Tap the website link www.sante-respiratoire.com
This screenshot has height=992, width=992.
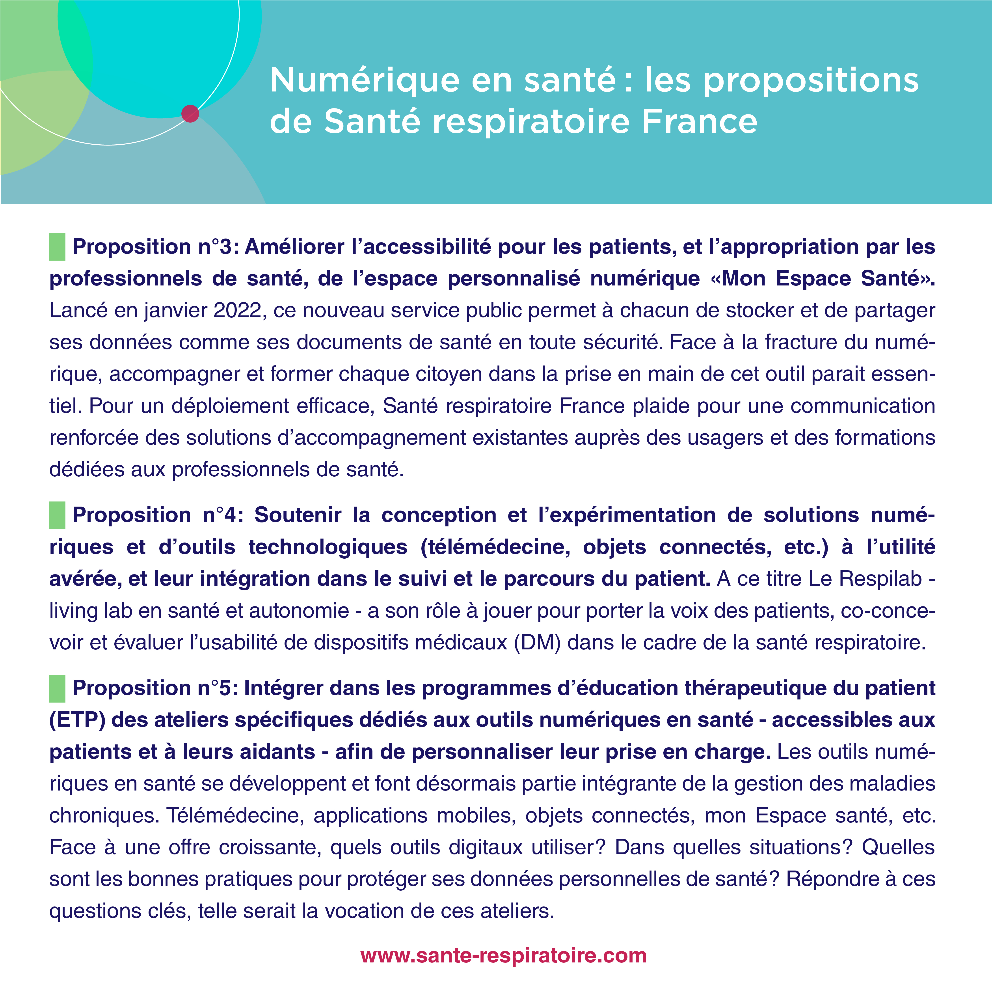[x=503, y=956]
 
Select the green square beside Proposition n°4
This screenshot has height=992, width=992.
[x=57, y=515]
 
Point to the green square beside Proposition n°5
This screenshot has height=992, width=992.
[x=57, y=688]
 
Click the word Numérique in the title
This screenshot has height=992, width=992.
[x=365, y=81]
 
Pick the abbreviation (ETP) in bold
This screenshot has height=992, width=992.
[x=77, y=720]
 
